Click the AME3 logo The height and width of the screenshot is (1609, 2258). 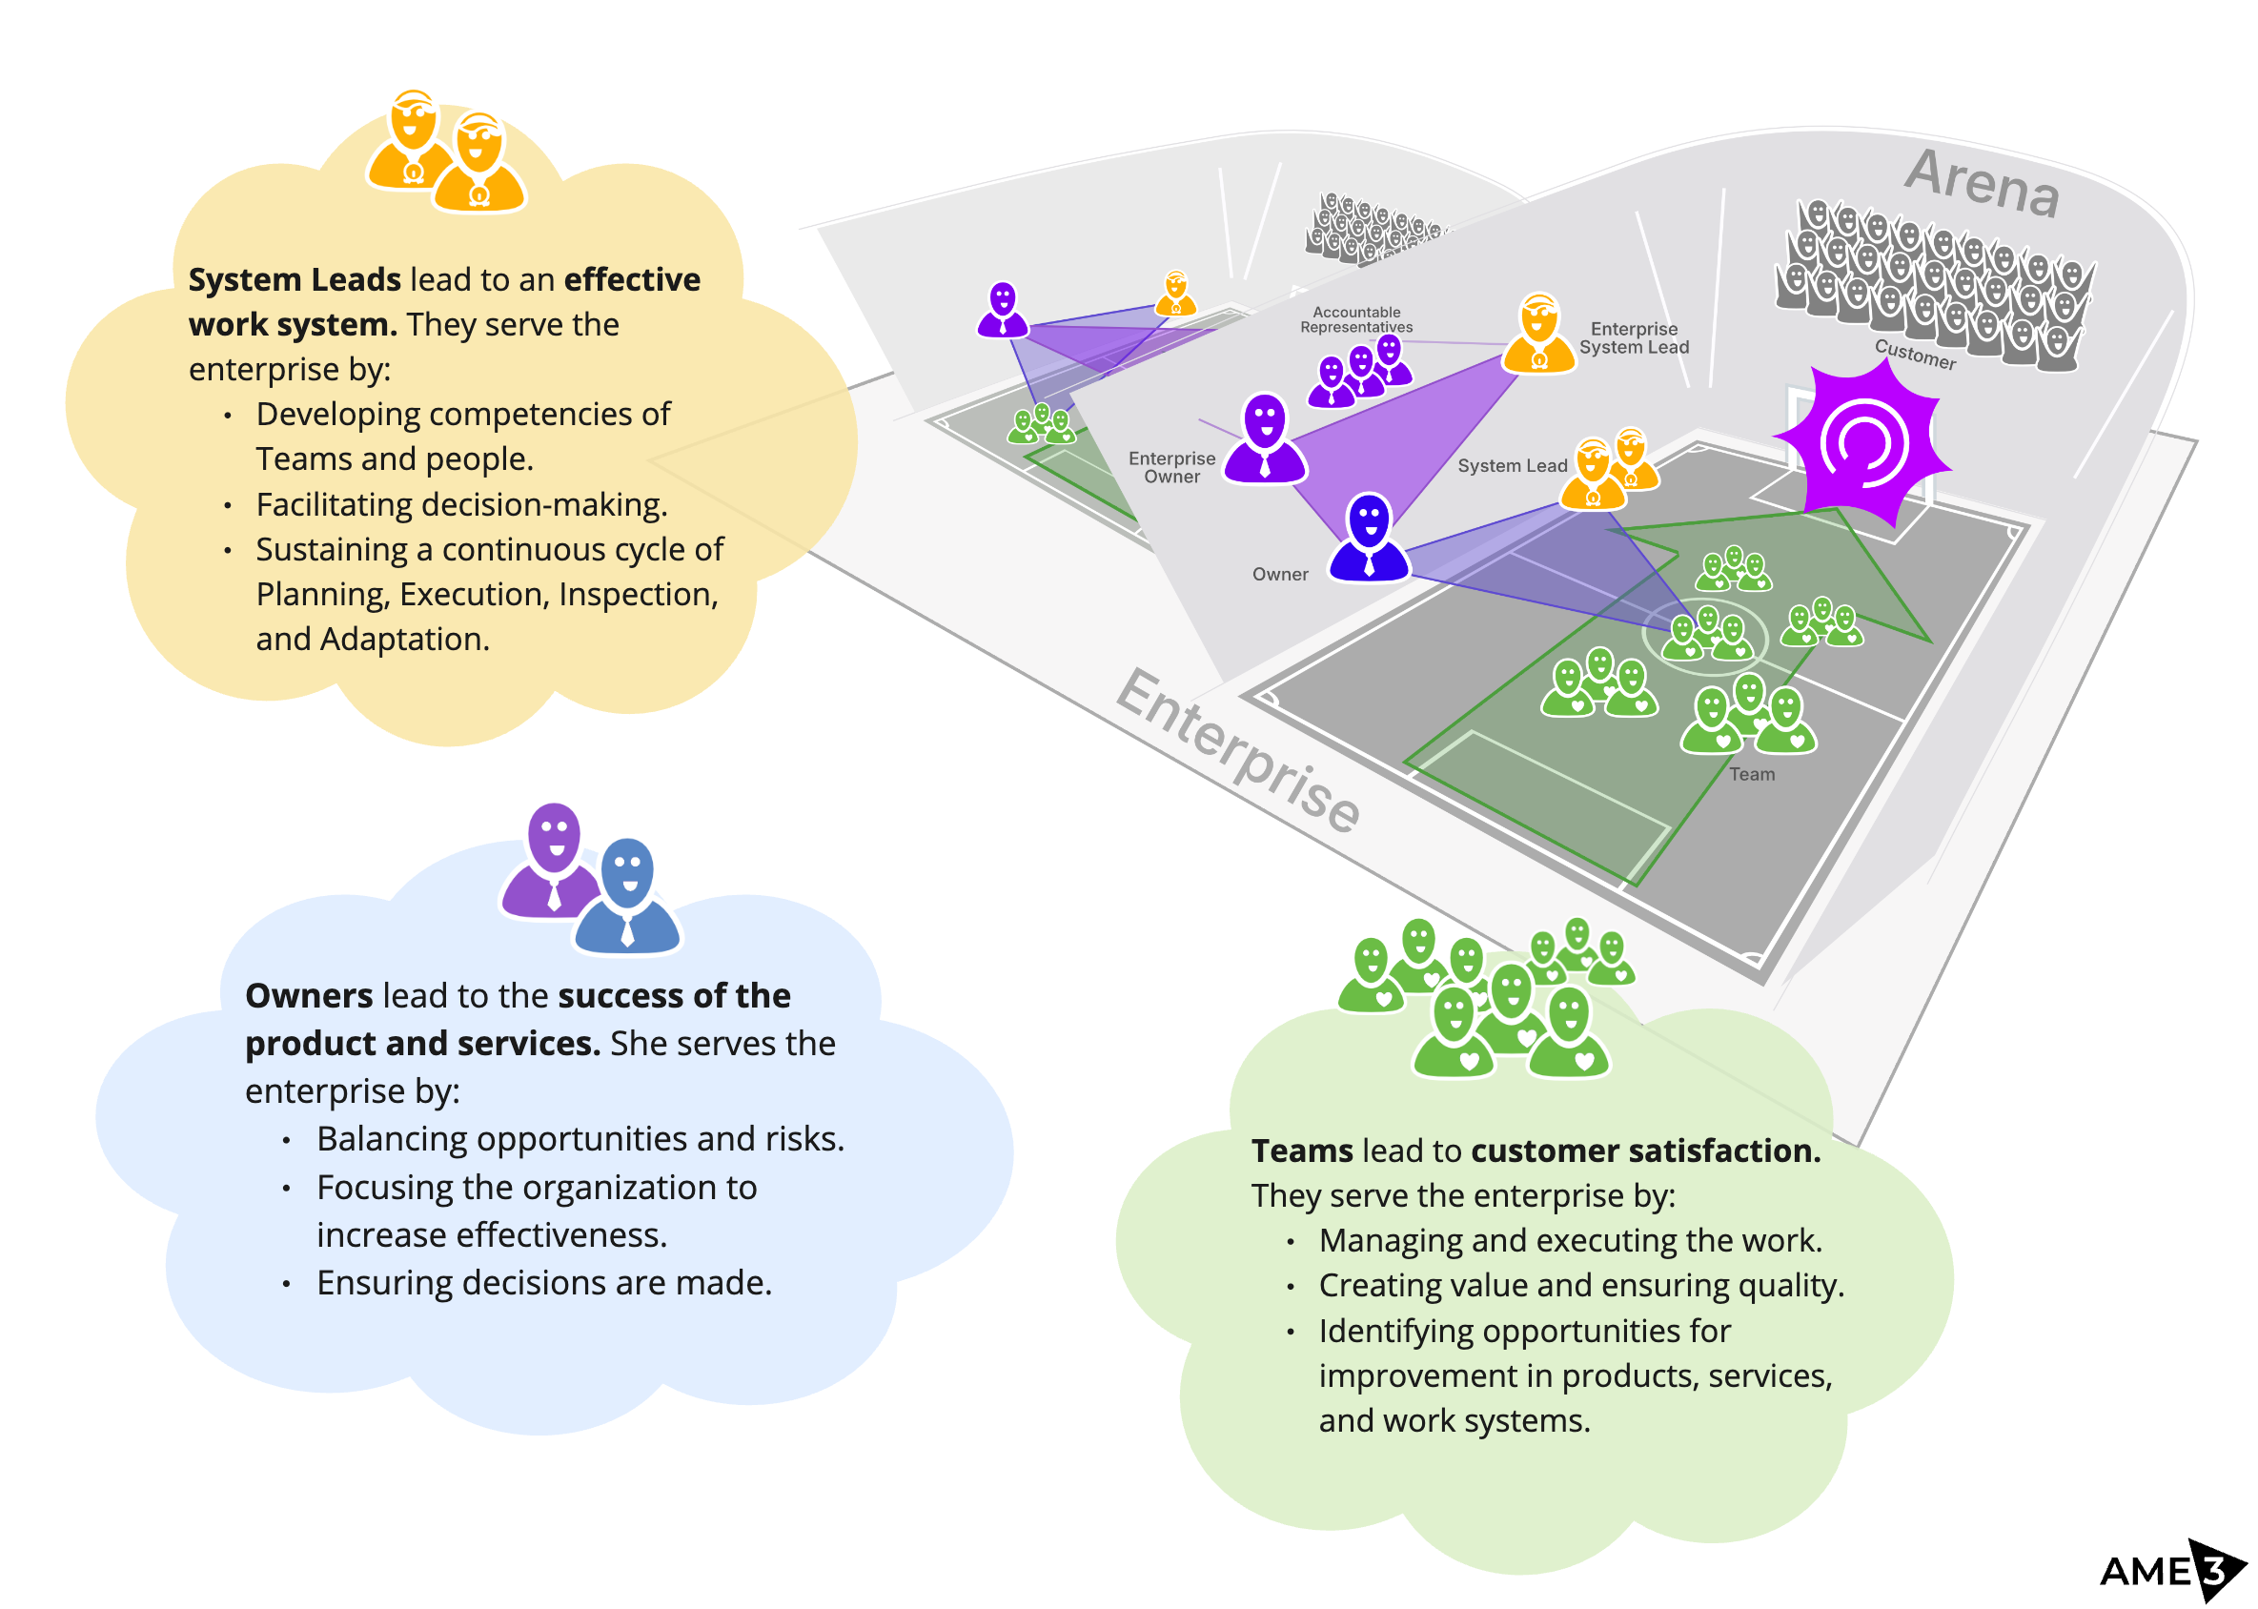pos(2169,1569)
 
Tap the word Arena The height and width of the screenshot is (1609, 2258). pos(1982,182)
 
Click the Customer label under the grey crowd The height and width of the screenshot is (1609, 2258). pos(1914,354)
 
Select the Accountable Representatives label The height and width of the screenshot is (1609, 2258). pos(1355,319)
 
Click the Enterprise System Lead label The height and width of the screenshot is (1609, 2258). pos(1633,337)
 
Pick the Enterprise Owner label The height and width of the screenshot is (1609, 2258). pos(1171,467)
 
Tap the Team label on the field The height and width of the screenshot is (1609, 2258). pos(1751,774)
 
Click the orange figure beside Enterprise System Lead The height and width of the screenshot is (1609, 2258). pos(1537,333)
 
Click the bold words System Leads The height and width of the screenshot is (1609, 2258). pos(295,279)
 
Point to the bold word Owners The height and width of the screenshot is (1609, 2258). pos(308,995)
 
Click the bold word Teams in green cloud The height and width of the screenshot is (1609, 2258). pos(1301,1151)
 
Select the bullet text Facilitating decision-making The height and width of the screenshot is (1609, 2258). pos(460,504)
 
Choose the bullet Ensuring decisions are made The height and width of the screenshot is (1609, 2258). pos(543,1282)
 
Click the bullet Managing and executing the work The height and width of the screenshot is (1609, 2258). pos(1570,1239)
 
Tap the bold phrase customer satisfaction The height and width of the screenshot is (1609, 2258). pos(1645,1151)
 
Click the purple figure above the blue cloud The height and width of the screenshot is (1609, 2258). pos(553,860)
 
